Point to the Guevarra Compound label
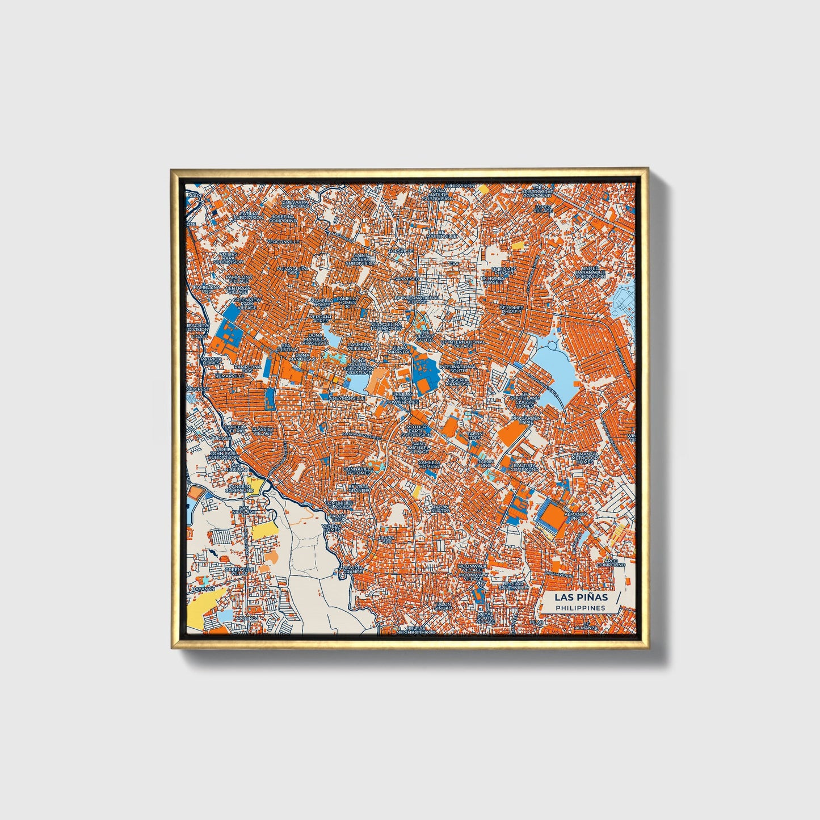295,203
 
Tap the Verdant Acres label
321,318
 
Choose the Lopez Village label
543,208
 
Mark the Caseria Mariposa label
458,381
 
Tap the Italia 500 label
388,539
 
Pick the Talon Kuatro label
440,508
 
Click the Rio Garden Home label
527,419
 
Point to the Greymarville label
347,398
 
